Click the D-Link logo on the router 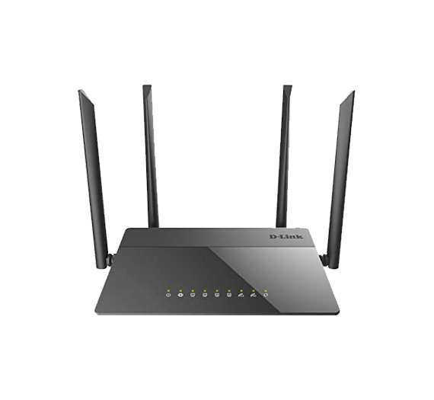pos(286,236)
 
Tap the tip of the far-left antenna pos(80,91)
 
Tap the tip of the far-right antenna pos(353,92)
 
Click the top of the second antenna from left pos(147,86)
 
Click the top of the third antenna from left pos(288,86)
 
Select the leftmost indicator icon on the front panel pos(168,295)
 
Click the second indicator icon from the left pos(180,295)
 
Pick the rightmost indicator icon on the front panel pos(266,295)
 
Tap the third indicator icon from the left pos(193,295)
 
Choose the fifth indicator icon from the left pos(217,295)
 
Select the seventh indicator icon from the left pos(241,295)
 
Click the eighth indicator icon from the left pos(253,295)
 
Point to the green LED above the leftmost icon pos(168,290)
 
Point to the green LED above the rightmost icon pos(266,290)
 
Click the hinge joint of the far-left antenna pos(110,260)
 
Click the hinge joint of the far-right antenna pos(324,260)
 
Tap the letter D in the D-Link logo pos(273,236)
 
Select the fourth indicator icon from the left pos(205,295)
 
